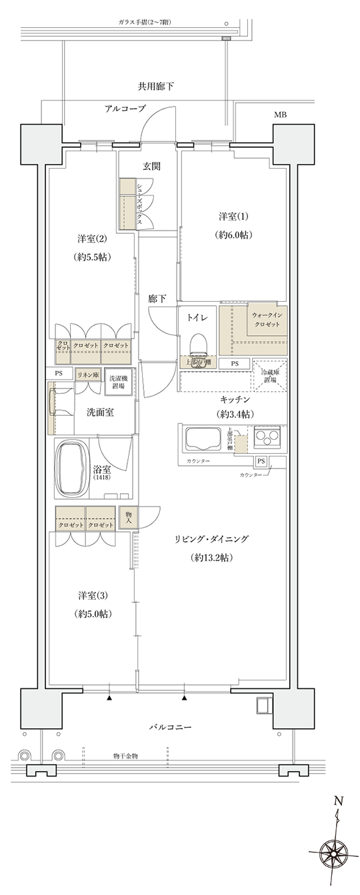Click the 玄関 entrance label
150,166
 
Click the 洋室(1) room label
232,217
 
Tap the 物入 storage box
128,518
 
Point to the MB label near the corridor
281,115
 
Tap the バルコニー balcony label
170,727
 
